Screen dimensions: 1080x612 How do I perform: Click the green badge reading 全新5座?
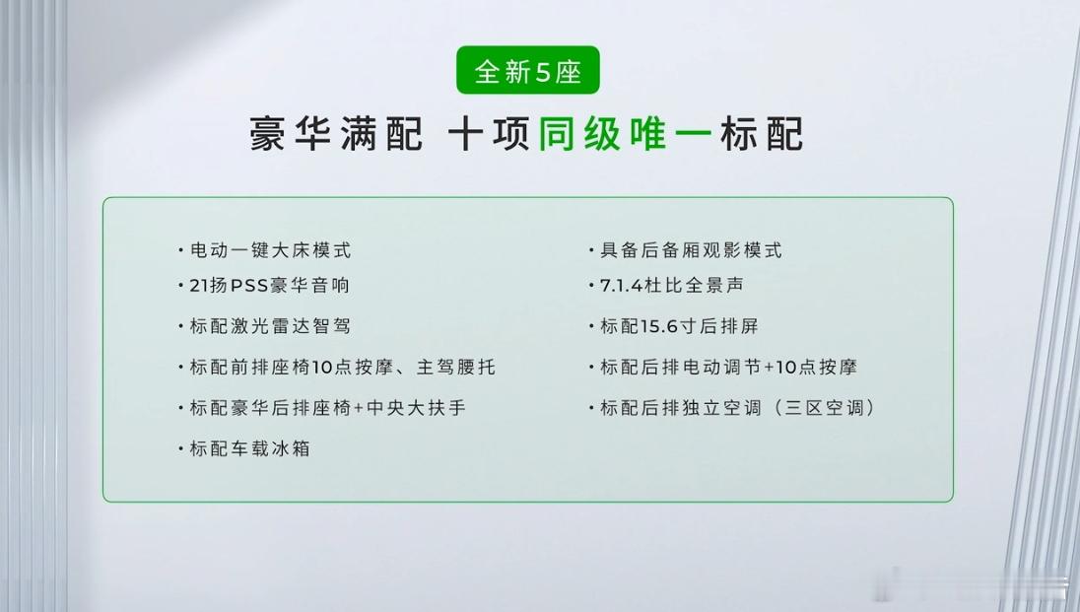pos(527,70)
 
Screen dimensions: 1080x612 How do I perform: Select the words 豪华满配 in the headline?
pos(335,134)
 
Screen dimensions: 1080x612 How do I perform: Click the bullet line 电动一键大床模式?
pos(264,250)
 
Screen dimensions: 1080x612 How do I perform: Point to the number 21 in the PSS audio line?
pos(198,286)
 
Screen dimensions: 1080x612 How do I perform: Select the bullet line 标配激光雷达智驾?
pos(264,326)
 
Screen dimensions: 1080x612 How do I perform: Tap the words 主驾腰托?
pos(455,367)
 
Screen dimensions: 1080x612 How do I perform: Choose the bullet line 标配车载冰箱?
pos(243,448)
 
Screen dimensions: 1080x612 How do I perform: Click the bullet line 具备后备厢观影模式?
pos(685,250)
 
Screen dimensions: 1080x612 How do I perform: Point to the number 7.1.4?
pos(620,286)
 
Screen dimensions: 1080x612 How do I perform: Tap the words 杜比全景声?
pos(694,286)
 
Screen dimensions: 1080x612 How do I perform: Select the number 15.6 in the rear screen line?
pos(659,326)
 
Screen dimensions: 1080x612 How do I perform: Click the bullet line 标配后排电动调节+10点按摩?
pos(722,367)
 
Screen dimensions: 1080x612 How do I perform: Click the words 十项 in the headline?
pos(488,134)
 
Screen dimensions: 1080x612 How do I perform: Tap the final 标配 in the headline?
pos(762,134)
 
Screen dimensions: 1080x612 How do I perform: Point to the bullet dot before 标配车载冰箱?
pos(180,449)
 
